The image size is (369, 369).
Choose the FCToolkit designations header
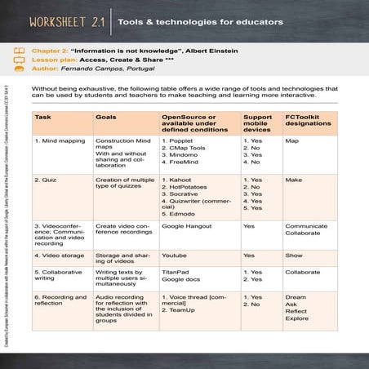pyautogui.click(x=307, y=122)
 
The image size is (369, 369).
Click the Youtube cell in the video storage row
pyautogui.click(x=174, y=256)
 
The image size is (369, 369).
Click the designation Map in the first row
pyautogui.click(x=291, y=140)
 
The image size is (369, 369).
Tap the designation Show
pyautogui.click(x=294, y=256)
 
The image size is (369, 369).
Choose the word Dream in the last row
pyautogui.click(x=296, y=297)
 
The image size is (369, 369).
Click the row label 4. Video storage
pyautogui.click(x=60, y=256)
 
